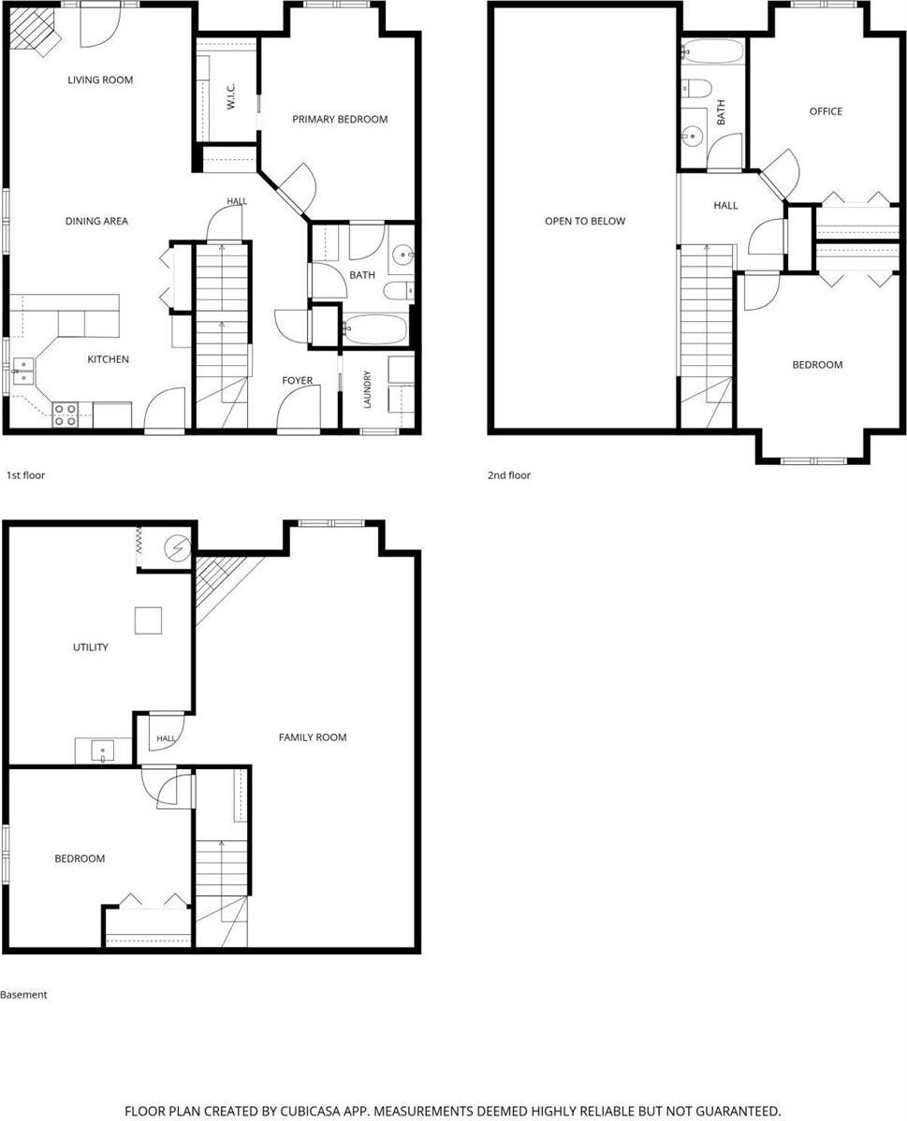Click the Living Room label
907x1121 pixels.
(x=100, y=80)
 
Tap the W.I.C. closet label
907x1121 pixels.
(x=231, y=95)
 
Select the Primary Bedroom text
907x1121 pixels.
(x=340, y=120)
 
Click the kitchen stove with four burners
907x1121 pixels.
(x=66, y=415)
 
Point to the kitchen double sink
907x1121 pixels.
(x=22, y=371)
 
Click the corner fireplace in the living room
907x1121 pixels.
(x=36, y=31)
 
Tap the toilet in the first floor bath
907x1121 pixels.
(x=398, y=291)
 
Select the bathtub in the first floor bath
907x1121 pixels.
(x=374, y=329)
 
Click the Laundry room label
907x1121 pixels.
(x=368, y=389)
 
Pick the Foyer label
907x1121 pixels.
(x=298, y=380)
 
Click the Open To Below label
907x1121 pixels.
(x=585, y=222)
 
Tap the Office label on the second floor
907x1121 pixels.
(x=826, y=111)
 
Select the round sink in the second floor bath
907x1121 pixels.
(x=692, y=135)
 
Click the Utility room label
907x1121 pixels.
(x=91, y=648)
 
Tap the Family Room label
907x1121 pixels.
(x=313, y=737)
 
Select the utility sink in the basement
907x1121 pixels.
(x=103, y=751)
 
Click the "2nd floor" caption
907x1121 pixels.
(x=509, y=475)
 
